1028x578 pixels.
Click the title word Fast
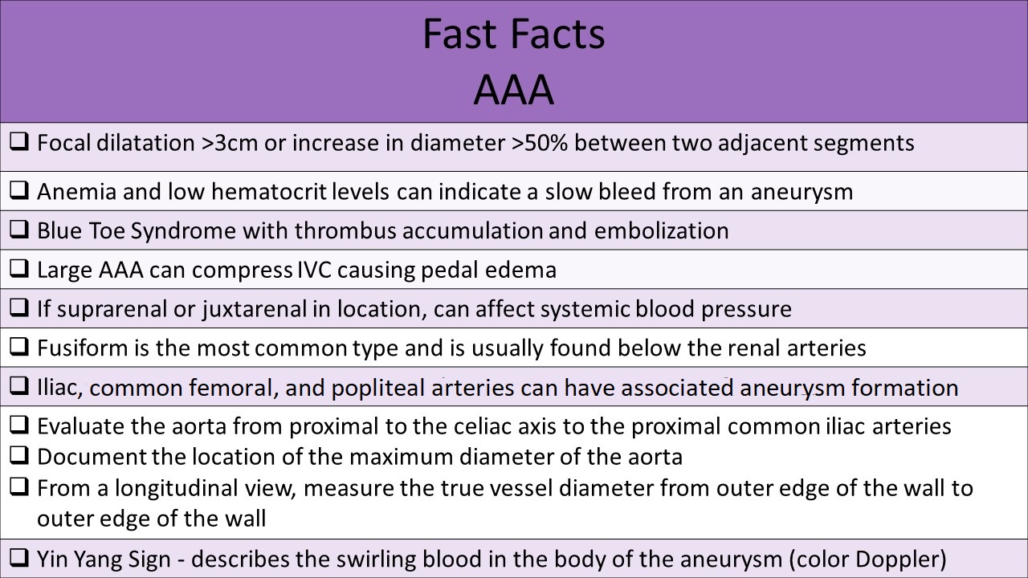(x=458, y=35)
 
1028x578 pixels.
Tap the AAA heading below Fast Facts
(x=513, y=90)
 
